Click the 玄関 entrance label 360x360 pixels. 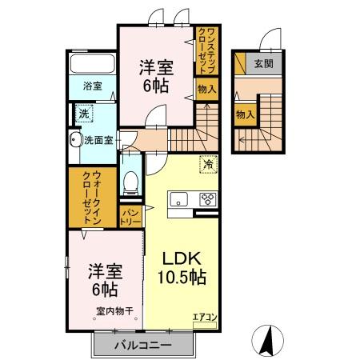point(263,62)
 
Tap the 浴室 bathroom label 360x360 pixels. point(93,86)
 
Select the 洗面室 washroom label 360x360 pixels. point(99,139)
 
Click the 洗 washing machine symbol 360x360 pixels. point(84,114)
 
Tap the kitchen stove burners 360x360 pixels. point(207,200)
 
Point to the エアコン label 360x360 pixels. point(205,317)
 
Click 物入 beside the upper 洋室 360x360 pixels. point(206,89)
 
